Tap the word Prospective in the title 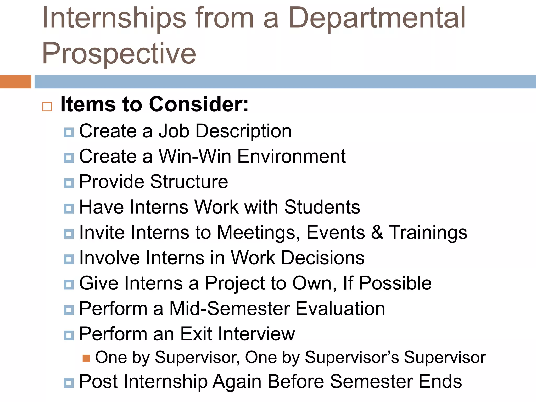coord(119,54)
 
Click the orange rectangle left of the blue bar coord(15,82)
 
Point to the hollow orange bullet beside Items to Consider coord(47,107)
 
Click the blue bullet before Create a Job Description coord(69,132)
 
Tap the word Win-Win coord(195,156)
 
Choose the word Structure coord(189,182)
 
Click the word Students coord(322,207)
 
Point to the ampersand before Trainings coord(377,232)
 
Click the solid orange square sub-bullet coord(86,358)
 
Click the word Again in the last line coord(237,382)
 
